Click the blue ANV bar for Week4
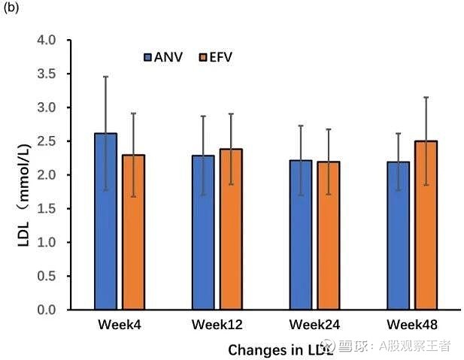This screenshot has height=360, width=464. [105, 222]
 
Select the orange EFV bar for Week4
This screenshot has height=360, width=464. [133, 232]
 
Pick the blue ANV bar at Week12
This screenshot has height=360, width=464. [203, 232]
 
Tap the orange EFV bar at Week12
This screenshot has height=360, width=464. [231, 229]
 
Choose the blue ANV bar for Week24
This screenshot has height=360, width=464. [300, 234]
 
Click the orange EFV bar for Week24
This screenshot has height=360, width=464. [328, 235]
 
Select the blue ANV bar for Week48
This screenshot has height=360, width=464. [398, 235]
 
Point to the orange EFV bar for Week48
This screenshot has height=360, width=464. [426, 225]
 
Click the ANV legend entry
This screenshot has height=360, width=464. [164, 57]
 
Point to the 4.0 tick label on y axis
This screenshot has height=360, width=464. [47, 40]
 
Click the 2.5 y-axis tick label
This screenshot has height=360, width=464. [47, 141]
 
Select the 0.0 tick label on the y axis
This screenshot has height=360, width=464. [47, 310]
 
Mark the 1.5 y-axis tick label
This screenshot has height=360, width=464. [47, 209]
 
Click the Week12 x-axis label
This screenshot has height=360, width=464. [217, 325]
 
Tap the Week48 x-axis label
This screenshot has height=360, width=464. [411, 325]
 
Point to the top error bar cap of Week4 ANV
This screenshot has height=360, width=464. [105, 77]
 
